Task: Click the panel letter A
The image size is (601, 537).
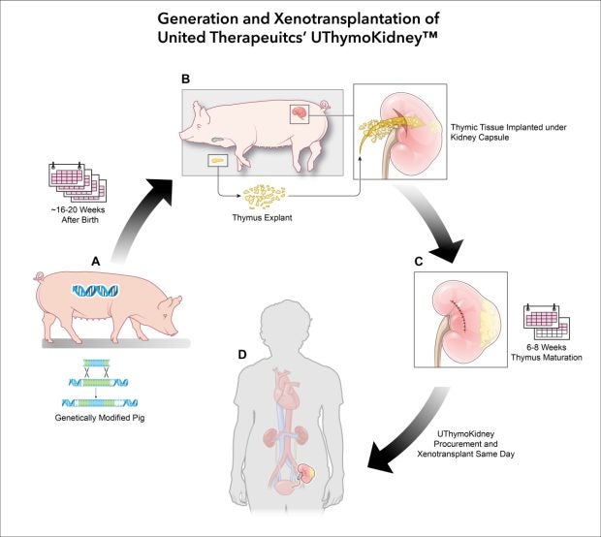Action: point(96,260)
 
